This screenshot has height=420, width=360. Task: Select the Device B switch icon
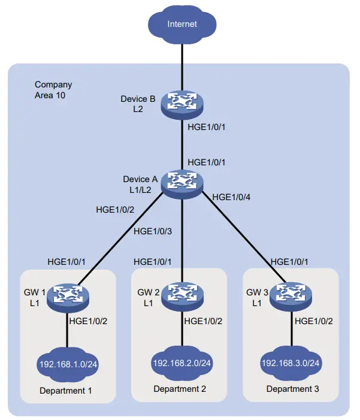click(x=181, y=102)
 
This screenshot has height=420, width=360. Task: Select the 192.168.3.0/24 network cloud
click(x=291, y=363)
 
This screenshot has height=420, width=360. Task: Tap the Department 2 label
click(x=180, y=389)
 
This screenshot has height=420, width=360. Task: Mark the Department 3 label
click(x=292, y=389)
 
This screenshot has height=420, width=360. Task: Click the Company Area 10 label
click(x=54, y=90)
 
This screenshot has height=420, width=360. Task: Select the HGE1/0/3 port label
click(x=153, y=231)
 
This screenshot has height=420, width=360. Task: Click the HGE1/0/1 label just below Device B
click(x=207, y=126)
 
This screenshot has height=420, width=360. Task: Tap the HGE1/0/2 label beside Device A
click(x=115, y=210)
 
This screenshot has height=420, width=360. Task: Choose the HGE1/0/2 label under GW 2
click(x=204, y=321)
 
